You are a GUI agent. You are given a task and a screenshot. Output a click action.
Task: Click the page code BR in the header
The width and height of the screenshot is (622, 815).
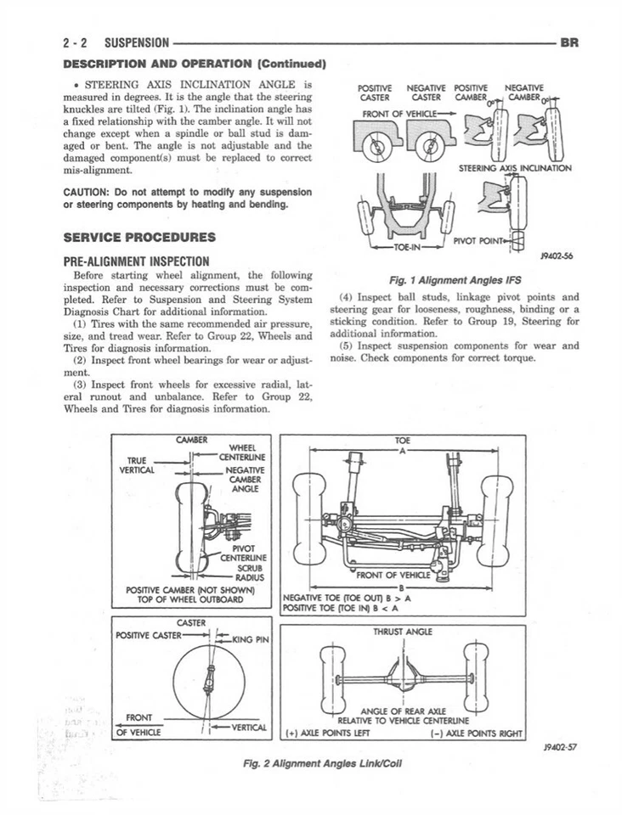click(x=568, y=41)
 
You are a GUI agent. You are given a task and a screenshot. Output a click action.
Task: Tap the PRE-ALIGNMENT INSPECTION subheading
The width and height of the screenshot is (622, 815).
click(x=137, y=261)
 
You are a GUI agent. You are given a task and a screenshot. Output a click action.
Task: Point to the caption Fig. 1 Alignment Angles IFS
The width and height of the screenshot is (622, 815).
click(x=455, y=280)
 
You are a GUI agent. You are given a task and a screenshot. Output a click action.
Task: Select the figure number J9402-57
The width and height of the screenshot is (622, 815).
click(x=558, y=747)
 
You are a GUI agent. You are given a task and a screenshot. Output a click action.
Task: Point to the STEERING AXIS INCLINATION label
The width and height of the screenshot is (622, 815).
click(x=515, y=168)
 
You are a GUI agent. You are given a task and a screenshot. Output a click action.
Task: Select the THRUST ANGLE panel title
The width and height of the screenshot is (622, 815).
click(x=403, y=632)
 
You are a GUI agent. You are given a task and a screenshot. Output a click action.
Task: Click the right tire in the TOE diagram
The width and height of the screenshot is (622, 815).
click(x=495, y=520)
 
